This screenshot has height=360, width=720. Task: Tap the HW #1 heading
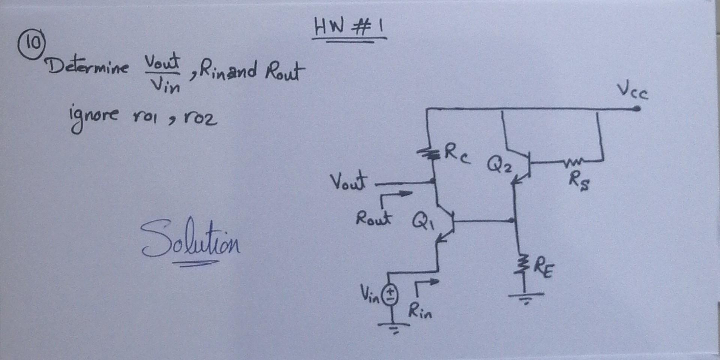[x=349, y=28]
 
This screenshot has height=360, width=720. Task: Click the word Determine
[x=87, y=67]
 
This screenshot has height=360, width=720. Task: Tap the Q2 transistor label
[x=499, y=164]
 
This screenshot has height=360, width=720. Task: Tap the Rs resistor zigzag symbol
[x=571, y=162]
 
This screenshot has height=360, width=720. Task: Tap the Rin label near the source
[x=420, y=311]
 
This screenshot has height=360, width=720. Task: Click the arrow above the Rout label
[x=396, y=197]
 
